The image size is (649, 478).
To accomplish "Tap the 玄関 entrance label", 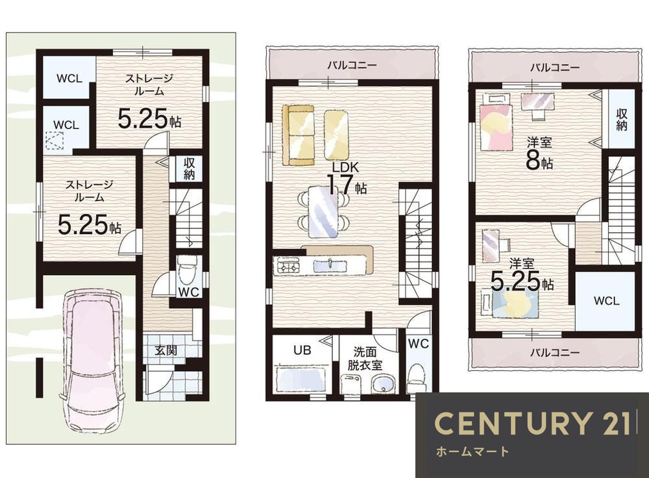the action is click(x=165, y=351).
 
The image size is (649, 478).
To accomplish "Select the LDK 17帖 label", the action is click(x=346, y=179).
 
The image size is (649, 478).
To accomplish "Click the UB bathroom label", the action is click(x=302, y=350).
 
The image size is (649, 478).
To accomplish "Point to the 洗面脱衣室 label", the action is click(x=365, y=358).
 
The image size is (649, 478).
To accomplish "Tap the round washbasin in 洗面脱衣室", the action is click(x=384, y=384).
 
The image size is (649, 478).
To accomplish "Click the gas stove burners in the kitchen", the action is click(x=288, y=265).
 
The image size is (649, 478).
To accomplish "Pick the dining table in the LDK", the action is click(x=323, y=211).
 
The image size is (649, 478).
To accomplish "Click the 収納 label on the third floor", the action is click(x=621, y=120).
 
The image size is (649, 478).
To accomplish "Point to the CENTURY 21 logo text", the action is click(x=532, y=423).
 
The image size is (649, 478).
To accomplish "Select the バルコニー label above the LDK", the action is click(x=352, y=65).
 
